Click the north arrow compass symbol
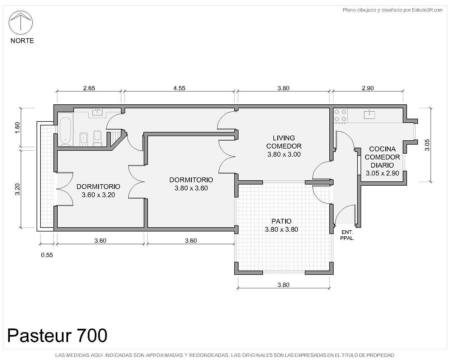tap(20, 23)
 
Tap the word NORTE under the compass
tap(22, 41)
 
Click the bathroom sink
tap(97, 112)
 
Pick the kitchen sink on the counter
tap(369, 115)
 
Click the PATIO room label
tap(281, 221)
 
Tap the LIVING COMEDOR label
tap(284, 142)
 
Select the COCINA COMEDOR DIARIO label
tap(382, 157)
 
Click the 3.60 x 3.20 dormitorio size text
tap(98, 195)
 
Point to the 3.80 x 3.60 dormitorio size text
tap(191, 188)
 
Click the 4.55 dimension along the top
tap(179, 88)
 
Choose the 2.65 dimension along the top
tap(89, 88)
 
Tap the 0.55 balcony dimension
tap(47, 255)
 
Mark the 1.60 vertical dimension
tap(17, 128)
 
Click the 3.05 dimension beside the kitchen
tap(427, 145)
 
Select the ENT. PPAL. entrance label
tap(347, 235)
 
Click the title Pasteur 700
tap(57, 335)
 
